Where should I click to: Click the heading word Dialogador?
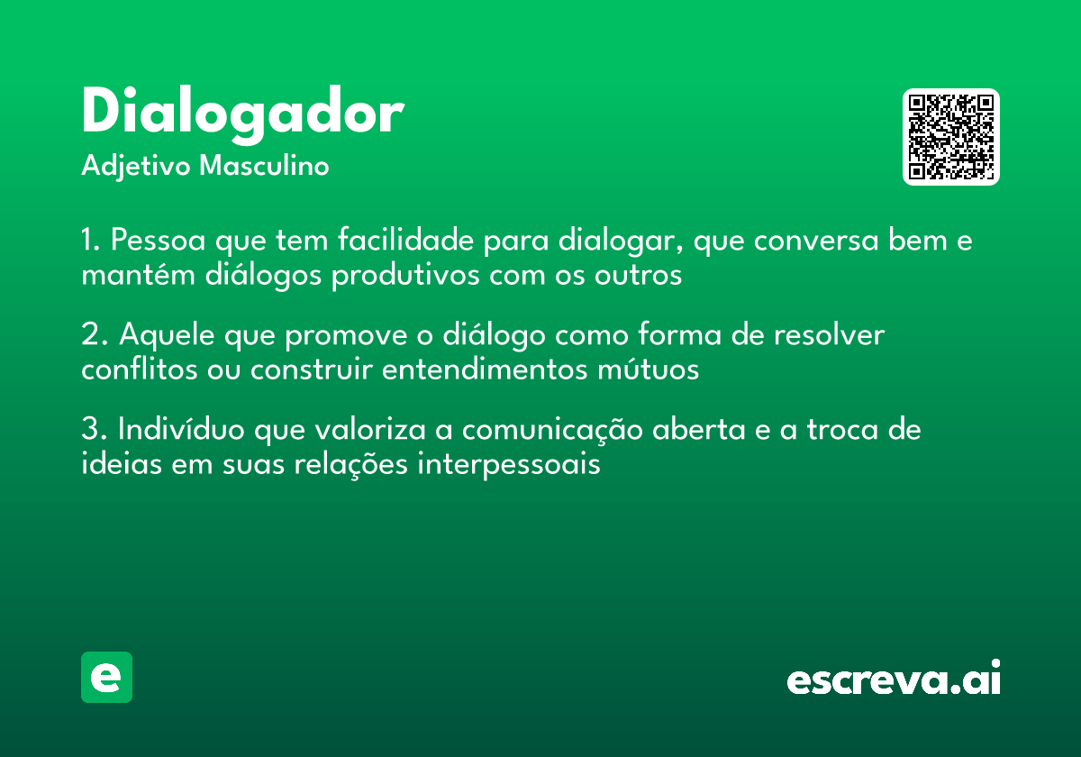pos(241,114)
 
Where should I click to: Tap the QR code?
pos(951,137)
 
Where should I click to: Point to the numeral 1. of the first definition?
pos(90,242)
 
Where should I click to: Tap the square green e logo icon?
pos(106,677)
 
